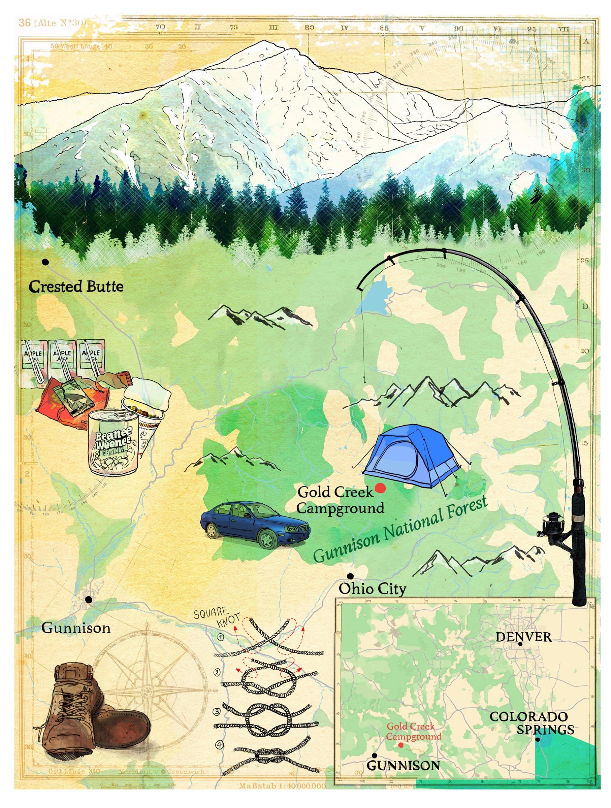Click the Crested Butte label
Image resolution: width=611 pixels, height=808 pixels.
(76, 287)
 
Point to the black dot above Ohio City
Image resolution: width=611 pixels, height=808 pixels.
(350, 576)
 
